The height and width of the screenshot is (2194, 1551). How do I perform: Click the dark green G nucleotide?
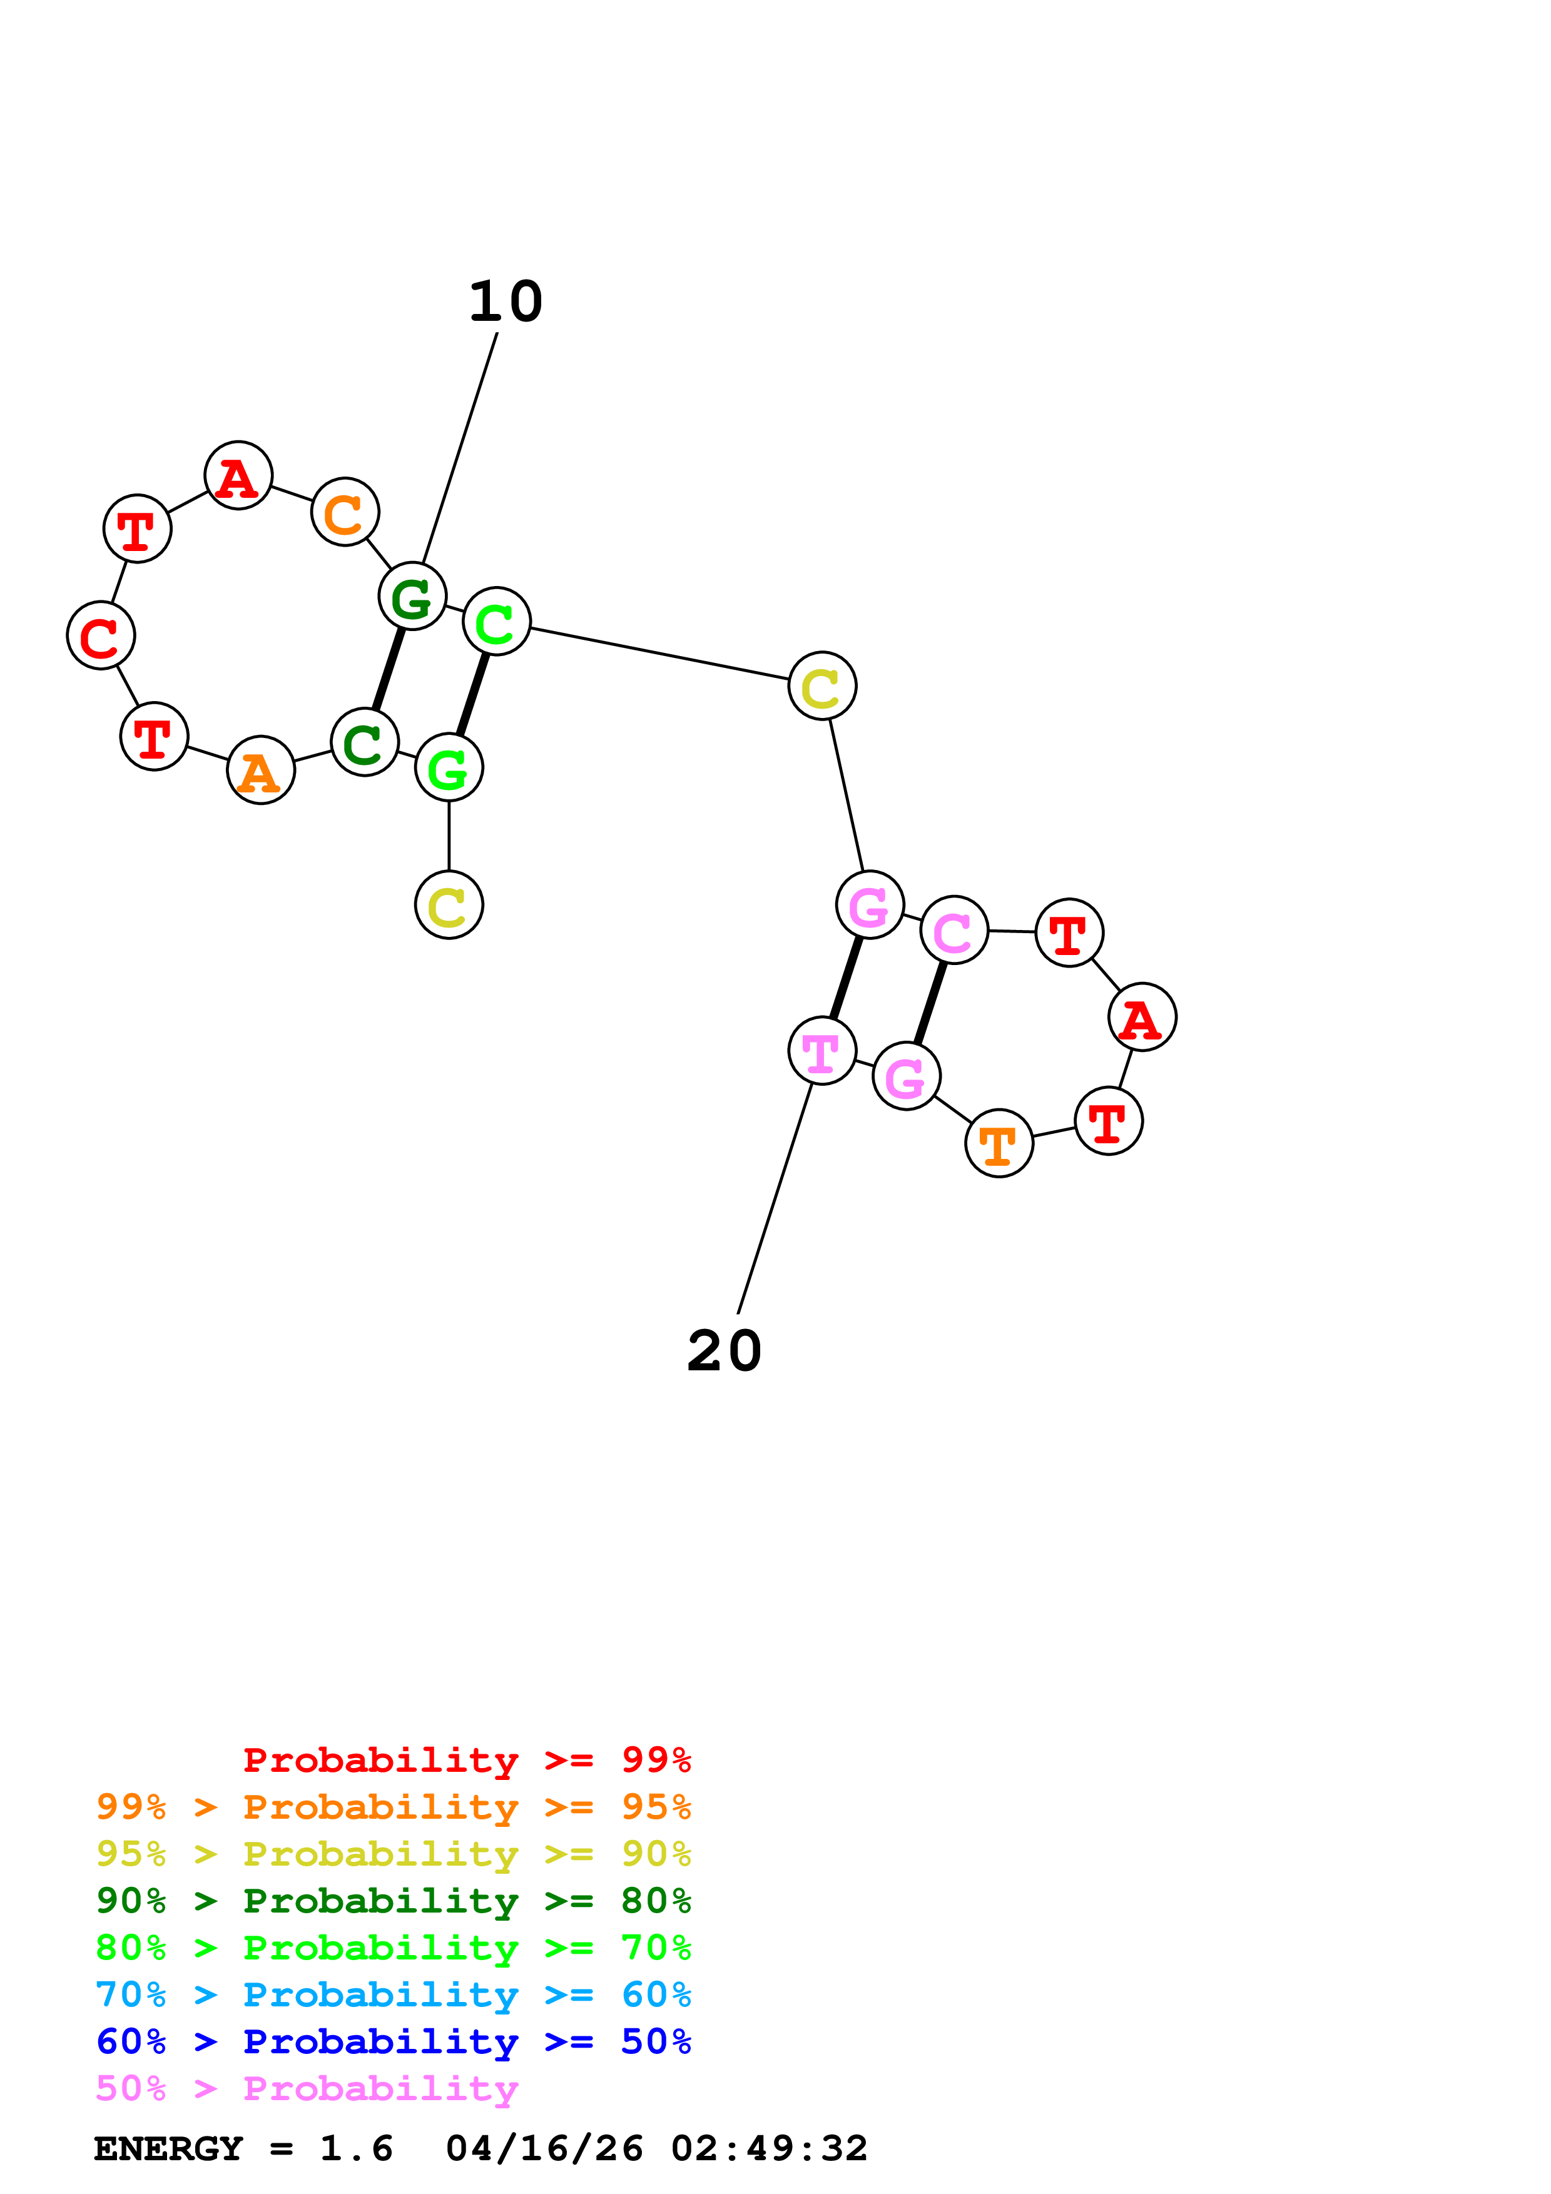coord(412,596)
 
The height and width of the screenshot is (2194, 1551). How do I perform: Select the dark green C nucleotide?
coord(364,742)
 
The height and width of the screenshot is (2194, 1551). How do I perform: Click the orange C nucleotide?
coord(345,512)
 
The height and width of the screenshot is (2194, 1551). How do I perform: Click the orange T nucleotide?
coord(999,1144)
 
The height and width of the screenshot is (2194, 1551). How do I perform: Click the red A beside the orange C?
coord(238,476)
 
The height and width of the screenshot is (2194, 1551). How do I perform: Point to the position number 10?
coord(506,302)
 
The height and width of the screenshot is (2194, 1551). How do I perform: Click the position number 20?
coord(725,1351)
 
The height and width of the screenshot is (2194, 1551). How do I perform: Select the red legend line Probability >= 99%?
coord(466,1760)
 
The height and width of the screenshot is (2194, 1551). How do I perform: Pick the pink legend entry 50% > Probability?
coord(307,2089)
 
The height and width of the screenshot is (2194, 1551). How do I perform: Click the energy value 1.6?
coord(355,2149)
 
